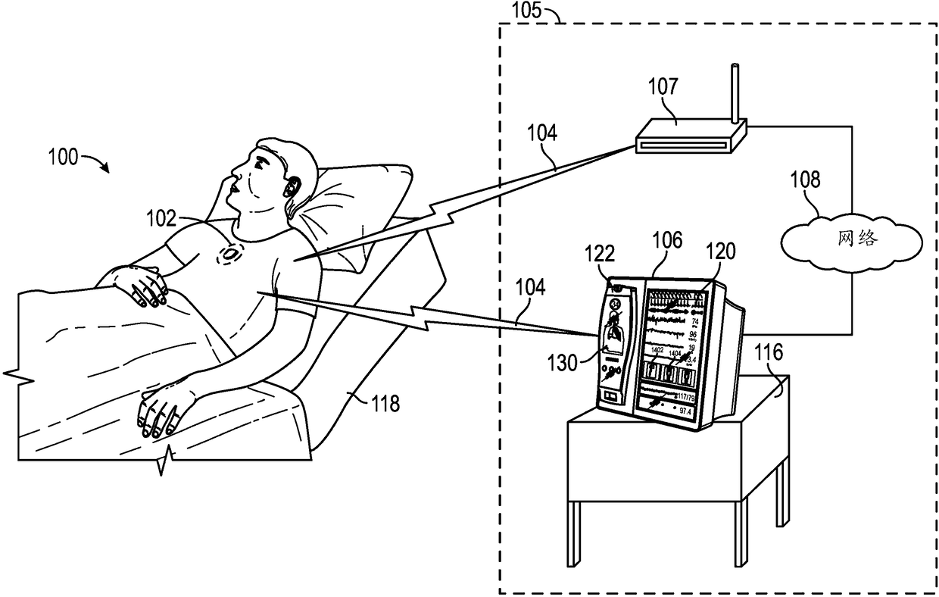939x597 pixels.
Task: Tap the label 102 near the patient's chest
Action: tap(161, 220)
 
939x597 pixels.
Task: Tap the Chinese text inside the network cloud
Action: tap(858, 239)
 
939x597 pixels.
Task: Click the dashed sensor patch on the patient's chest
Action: tap(229, 254)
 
